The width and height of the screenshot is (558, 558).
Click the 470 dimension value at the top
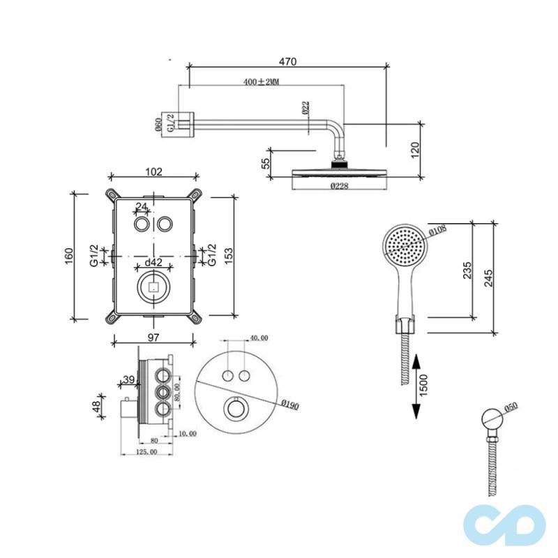[x=287, y=61]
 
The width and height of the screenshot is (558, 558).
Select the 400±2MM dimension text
[x=262, y=82]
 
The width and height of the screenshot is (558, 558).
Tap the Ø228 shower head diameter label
[x=340, y=186]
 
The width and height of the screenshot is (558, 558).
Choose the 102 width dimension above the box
[x=153, y=172]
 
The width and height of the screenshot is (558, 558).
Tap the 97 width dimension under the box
[x=153, y=338]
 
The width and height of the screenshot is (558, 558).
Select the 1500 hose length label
[x=425, y=384]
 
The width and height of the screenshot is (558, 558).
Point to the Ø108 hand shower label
[x=437, y=229]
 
